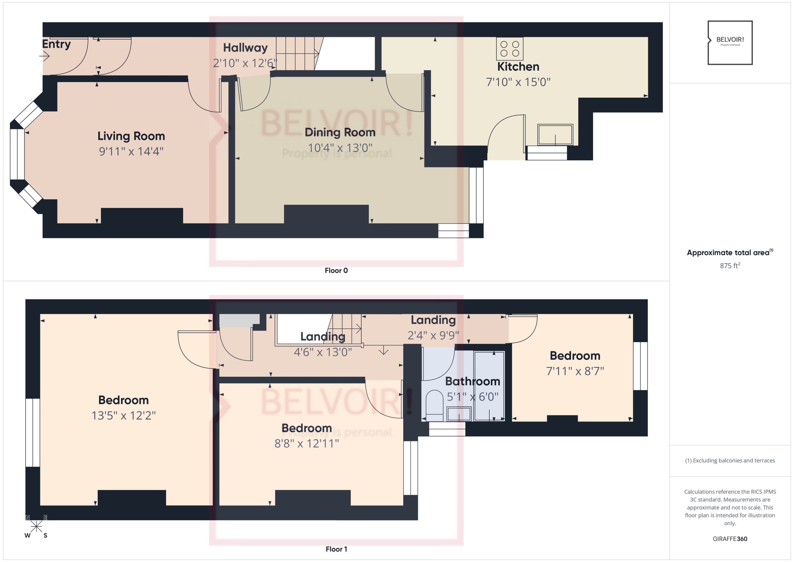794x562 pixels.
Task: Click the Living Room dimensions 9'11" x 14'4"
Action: click(x=131, y=151)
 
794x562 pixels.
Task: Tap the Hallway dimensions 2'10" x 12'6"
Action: click(x=245, y=63)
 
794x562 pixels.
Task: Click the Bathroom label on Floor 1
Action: click(x=472, y=381)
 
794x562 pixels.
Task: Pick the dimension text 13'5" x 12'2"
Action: click(x=123, y=415)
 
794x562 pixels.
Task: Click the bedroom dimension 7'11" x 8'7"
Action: click(x=575, y=371)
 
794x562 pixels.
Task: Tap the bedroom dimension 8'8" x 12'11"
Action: click(x=306, y=443)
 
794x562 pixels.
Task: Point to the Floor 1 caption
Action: click(x=336, y=549)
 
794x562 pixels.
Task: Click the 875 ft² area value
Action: click(x=730, y=265)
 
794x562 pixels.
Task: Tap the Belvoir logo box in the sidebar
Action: click(x=730, y=42)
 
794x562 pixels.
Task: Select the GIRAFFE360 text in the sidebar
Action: click(x=730, y=538)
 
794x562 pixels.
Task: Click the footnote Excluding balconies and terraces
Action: click(x=730, y=460)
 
